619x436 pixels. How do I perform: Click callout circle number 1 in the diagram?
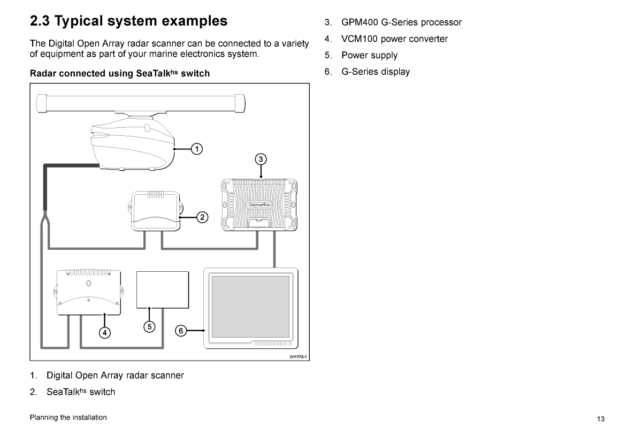tap(197, 149)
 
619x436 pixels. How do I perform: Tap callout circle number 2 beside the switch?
tap(202, 217)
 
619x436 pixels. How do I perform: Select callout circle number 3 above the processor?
tap(261, 159)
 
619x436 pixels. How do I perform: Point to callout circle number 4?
tap(105, 333)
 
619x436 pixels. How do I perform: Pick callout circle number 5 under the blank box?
tap(150, 326)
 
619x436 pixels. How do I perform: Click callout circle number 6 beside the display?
tap(181, 331)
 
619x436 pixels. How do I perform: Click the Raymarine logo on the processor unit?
tap(260, 204)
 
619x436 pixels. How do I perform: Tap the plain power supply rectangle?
tap(163, 289)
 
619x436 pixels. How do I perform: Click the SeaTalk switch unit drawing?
tap(155, 211)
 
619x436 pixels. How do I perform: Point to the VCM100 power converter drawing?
tap(89, 293)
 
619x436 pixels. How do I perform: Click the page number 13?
tap(601, 419)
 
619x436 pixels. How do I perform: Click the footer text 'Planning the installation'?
tap(68, 417)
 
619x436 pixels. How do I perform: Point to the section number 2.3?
tap(40, 21)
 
